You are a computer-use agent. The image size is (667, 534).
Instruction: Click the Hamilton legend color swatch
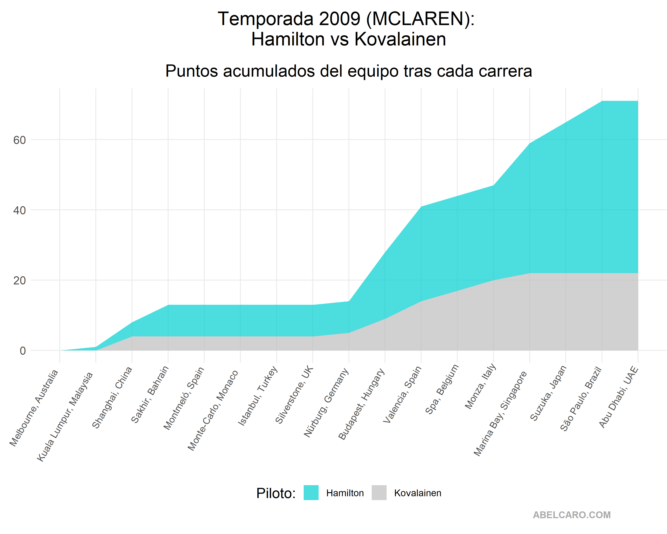click(x=311, y=493)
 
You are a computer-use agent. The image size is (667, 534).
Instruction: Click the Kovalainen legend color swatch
click(x=379, y=493)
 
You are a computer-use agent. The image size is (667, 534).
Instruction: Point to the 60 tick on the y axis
click(x=19, y=140)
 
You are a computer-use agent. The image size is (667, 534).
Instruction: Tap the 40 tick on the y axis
click(x=19, y=210)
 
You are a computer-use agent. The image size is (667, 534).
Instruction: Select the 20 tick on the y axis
click(x=19, y=281)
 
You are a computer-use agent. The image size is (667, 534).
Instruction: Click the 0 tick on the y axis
click(x=23, y=351)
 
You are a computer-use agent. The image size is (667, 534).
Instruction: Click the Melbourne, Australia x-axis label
click(x=34, y=408)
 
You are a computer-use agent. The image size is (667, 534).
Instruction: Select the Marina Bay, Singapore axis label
click(x=500, y=413)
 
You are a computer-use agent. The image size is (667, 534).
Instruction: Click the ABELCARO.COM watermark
click(x=572, y=515)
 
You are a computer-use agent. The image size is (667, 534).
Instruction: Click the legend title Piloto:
click(x=276, y=493)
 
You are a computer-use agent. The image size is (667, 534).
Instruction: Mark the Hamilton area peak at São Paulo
click(x=602, y=101)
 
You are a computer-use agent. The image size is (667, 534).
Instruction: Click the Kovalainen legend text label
click(x=418, y=493)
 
